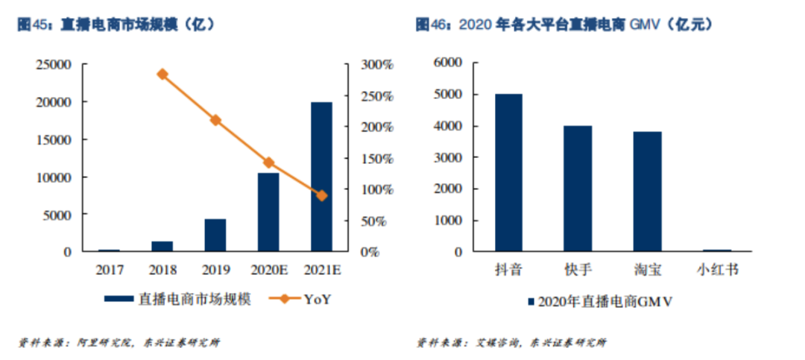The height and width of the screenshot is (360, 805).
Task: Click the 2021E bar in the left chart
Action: pyautogui.click(x=321, y=177)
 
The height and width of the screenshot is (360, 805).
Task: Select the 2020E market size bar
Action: pyautogui.click(x=268, y=212)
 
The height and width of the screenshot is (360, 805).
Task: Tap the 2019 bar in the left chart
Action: pyautogui.click(x=215, y=236)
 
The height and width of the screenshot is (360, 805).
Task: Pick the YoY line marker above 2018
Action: pyautogui.click(x=162, y=74)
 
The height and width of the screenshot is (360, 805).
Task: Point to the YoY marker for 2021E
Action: pyautogui.click(x=321, y=195)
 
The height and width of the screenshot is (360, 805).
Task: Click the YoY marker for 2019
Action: pyautogui.click(x=215, y=120)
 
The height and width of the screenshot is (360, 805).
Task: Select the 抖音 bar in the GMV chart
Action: pyautogui.click(x=508, y=173)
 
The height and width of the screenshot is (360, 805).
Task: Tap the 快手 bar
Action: pyautogui.click(x=578, y=189)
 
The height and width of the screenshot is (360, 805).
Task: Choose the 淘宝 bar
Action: pyautogui.click(x=647, y=192)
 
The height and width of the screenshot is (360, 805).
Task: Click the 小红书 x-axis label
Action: pyautogui.click(x=717, y=270)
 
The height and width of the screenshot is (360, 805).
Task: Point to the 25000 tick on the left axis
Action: pyautogui.click(x=53, y=65)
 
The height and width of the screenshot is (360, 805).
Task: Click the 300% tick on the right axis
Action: pyautogui.click(x=377, y=65)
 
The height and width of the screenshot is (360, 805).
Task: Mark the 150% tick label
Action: pyautogui.click(x=377, y=159)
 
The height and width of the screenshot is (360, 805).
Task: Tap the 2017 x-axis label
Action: pyautogui.click(x=109, y=270)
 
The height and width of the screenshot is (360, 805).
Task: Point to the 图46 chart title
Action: pyautogui.click(x=563, y=25)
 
